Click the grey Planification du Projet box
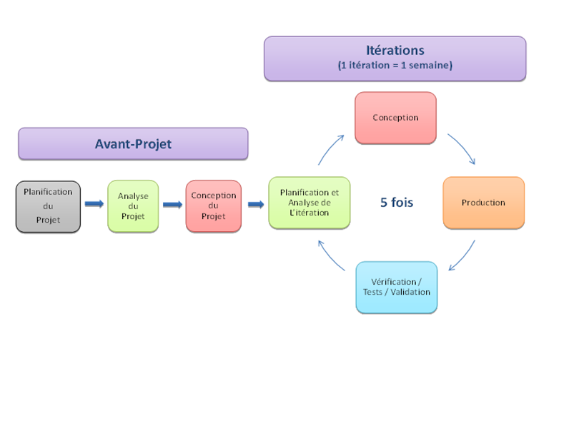tap(48, 207)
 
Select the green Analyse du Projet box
tap(133, 206)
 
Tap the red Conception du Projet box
tap(214, 206)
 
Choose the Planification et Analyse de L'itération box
tap(309, 203)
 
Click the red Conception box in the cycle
tap(395, 118)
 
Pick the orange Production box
tap(483, 203)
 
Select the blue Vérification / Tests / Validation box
tap(397, 288)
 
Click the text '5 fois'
tap(397, 203)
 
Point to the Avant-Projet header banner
tap(133, 144)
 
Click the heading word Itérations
tap(395, 50)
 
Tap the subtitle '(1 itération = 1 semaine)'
tap(395, 66)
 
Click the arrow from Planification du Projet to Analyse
tap(94, 203)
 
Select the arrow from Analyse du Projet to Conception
tap(173, 205)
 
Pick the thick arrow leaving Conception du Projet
tap(256, 204)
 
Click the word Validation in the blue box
tap(410, 292)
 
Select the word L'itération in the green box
tap(309, 213)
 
